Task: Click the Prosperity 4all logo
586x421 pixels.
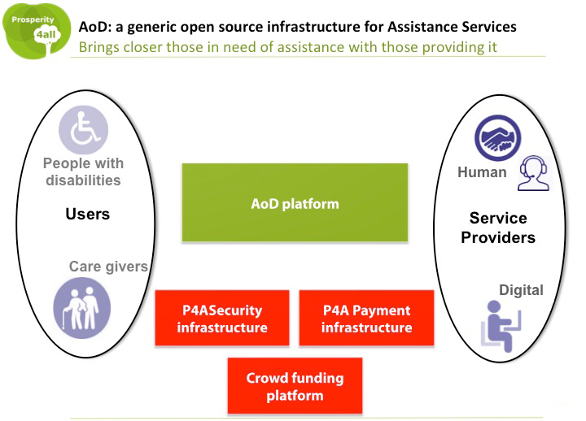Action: (37, 32)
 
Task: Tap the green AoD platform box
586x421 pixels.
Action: (295, 202)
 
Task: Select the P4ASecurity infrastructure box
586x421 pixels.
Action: (222, 318)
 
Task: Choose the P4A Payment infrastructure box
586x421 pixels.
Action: (366, 318)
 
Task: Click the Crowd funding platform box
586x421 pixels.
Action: (295, 385)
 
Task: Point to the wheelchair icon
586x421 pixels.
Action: (83, 129)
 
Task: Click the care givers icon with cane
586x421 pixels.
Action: (82, 308)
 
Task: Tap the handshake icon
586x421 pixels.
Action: (498, 137)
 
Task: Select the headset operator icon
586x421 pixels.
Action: (533, 173)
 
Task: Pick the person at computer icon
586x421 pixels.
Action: (501, 326)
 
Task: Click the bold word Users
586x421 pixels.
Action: (88, 214)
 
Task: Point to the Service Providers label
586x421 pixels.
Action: (498, 228)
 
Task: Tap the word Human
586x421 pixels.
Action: (482, 172)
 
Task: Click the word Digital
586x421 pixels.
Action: (522, 290)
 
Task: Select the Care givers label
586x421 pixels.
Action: (108, 267)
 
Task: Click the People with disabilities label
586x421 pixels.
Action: (83, 171)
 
